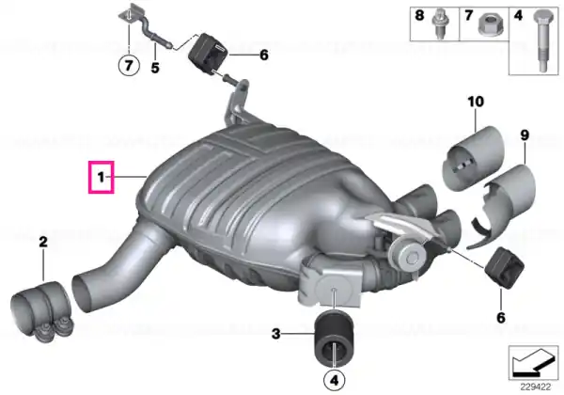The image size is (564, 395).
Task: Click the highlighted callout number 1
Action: tap(102, 177)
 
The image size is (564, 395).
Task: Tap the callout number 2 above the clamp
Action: tap(43, 242)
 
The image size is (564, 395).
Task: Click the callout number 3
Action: tap(275, 334)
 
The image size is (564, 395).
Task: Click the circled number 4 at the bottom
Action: tap(335, 380)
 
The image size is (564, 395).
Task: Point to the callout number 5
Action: tap(155, 68)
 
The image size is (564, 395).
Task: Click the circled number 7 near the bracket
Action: tap(129, 65)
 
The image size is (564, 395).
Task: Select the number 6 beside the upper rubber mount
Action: tap(263, 55)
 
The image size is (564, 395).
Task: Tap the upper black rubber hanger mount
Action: tap(208, 53)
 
